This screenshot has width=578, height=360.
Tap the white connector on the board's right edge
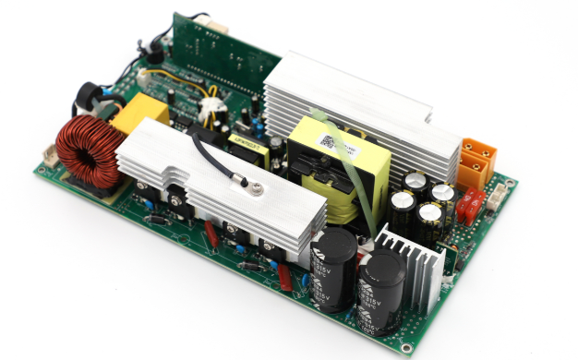[x=500, y=195]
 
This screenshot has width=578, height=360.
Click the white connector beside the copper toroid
[x=48, y=157]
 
